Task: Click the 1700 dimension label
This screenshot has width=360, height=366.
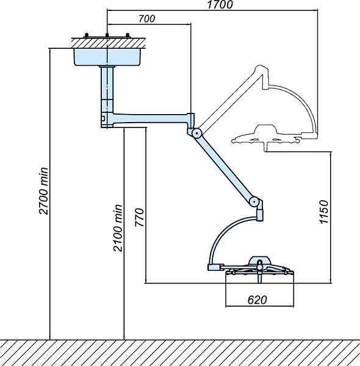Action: coord(220,5)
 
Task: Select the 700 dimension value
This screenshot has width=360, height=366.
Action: coord(146,19)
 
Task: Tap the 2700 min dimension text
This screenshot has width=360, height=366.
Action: coord(44,191)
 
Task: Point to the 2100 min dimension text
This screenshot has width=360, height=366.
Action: coord(118,228)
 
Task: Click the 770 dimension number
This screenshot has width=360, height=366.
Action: coord(139,217)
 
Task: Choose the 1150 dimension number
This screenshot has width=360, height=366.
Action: coord(324,212)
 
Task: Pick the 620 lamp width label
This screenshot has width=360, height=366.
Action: coord(257,300)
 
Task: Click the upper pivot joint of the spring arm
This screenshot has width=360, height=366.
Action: coord(197,133)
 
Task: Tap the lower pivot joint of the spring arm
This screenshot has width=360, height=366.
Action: coord(254,201)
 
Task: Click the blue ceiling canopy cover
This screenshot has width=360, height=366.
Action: coord(107,57)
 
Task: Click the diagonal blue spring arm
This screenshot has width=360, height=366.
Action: coord(226,167)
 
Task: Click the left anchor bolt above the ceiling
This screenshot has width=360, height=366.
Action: coord(87,35)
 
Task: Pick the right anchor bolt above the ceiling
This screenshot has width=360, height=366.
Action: coord(128,35)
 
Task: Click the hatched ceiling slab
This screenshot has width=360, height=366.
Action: coord(109,43)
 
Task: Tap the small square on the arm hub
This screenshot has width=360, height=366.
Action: coord(103,118)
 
